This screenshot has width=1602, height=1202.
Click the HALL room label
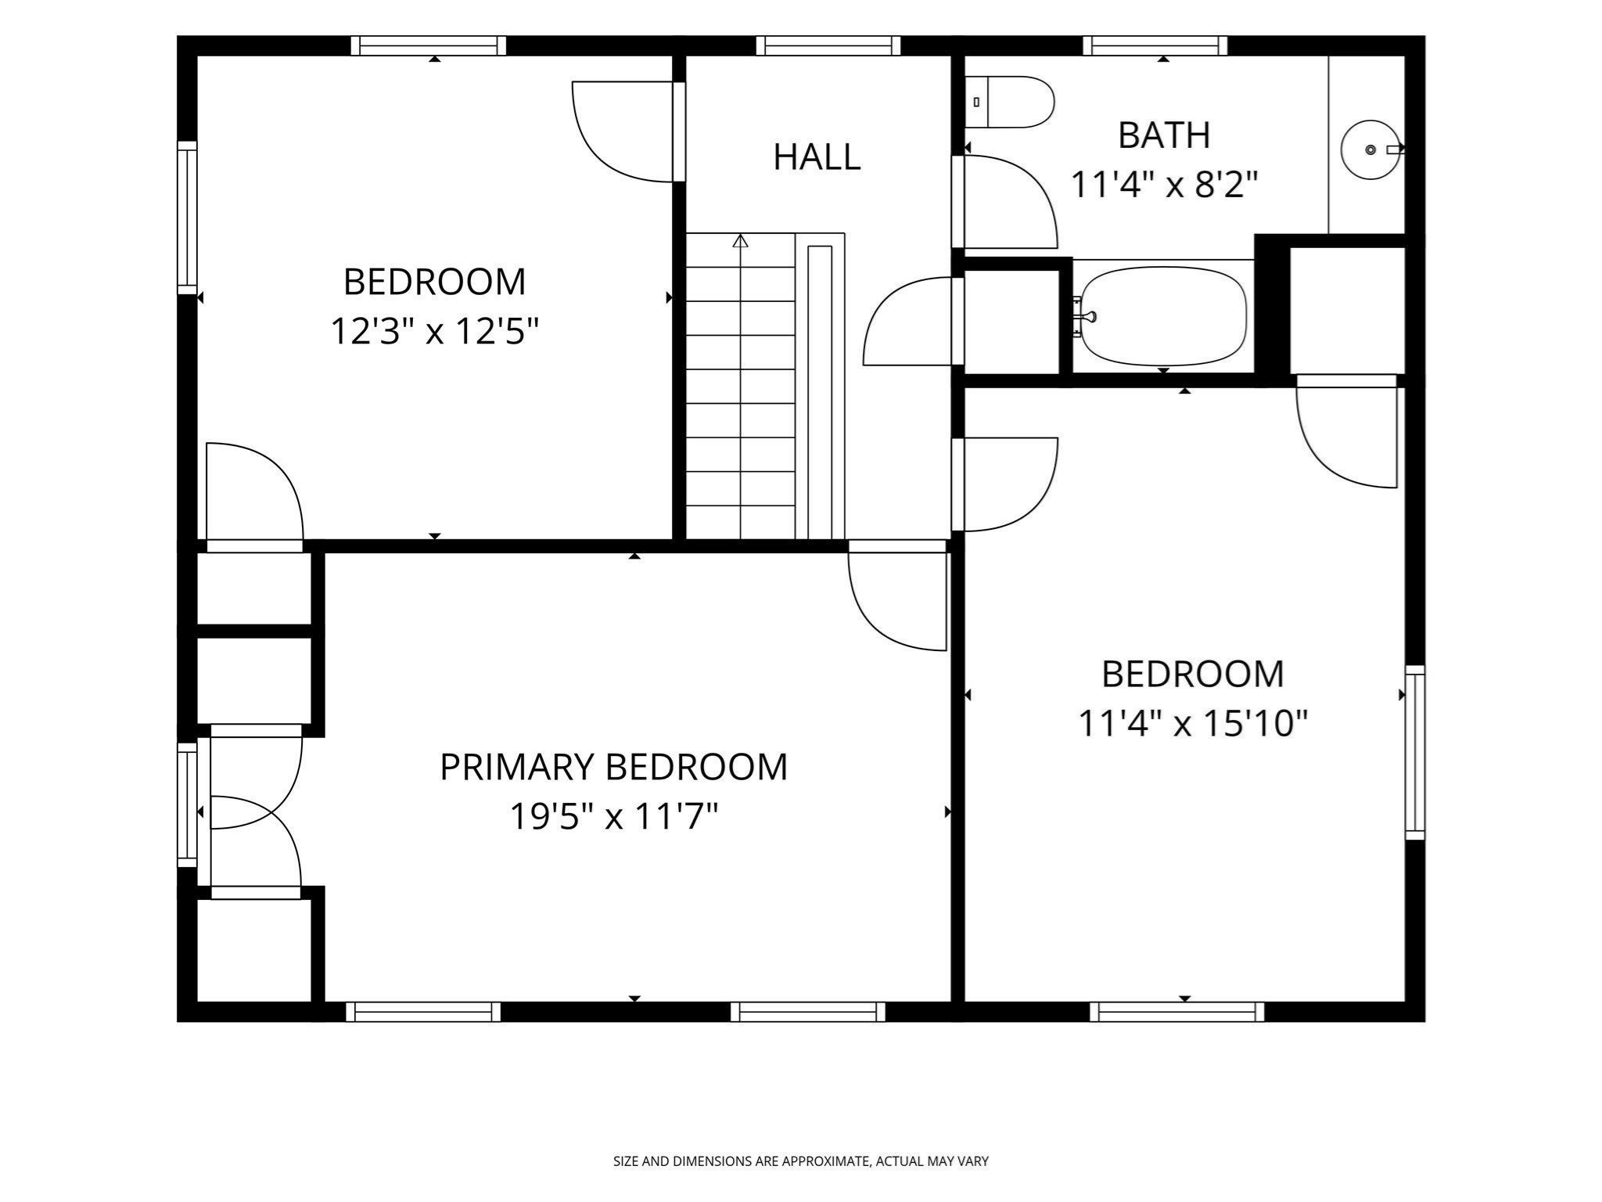[817, 157]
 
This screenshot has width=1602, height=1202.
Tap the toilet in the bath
[1009, 102]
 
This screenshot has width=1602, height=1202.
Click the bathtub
[1161, 316]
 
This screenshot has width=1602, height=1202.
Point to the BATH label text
[1164, 135]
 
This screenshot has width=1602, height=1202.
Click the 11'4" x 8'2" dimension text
[1164, 185]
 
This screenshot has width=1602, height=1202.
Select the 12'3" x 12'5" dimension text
[435, 331]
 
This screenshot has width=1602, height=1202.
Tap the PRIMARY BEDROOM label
[613, 767]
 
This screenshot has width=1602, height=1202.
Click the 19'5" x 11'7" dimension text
[613, 817]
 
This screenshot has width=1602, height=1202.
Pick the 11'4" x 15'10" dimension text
[1193, 723]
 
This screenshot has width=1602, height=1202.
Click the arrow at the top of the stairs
[740, 241]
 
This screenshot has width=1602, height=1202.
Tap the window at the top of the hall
[828, 46]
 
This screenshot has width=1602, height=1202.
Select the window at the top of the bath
[1155, 46]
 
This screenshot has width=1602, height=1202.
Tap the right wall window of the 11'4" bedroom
[1415, 753]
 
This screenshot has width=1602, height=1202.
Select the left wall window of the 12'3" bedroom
[187, 218]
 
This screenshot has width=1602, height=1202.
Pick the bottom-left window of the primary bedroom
[423, 1012]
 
